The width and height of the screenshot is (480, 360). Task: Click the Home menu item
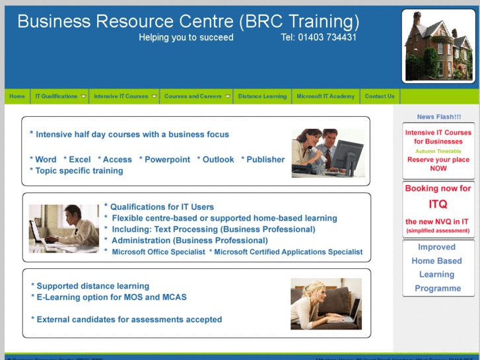pos(17,96)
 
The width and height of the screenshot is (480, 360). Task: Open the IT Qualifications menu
pos(57,96)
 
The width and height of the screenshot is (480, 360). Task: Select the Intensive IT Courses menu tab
pos(121,96)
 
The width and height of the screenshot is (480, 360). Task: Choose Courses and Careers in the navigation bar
pos(193,96)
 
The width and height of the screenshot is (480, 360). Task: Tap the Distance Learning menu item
pos(262,96)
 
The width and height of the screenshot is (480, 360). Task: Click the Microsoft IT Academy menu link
pos(326,96)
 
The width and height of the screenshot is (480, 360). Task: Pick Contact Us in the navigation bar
pos(380,96)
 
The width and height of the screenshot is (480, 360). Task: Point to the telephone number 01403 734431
pos(319,38)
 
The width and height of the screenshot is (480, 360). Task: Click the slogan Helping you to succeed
pos(186,38)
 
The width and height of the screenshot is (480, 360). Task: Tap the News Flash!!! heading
pos(439,117)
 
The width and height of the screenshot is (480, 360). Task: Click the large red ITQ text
pos(438,204)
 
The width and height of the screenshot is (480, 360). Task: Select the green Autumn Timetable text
pos(438,151)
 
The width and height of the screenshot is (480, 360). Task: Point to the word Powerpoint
pos(167,159)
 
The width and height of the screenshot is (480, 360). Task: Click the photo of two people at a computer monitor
pos(327,152)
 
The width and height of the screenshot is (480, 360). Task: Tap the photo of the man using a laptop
pos(63,229)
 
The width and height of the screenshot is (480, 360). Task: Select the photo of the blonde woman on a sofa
pos(326,304)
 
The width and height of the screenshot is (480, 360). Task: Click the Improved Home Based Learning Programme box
pos(438,268)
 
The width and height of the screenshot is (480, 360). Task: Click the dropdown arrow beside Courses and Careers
pos(228,96)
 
